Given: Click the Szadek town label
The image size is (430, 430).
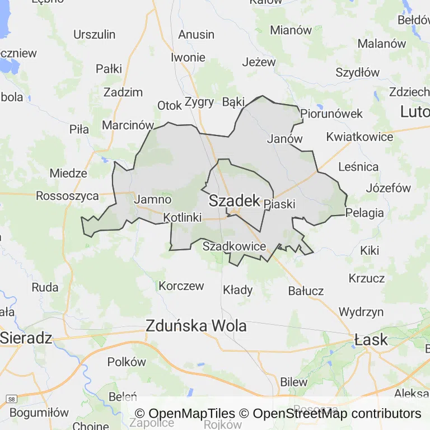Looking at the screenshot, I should point(235,201).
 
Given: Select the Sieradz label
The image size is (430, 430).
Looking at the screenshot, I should point(26,338).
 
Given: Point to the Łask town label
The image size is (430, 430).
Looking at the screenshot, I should point(371,339).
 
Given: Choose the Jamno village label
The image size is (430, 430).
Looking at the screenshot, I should point(148,199).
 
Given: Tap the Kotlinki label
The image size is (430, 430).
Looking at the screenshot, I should point(183,218).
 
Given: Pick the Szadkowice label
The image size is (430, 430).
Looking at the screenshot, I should point(234,246).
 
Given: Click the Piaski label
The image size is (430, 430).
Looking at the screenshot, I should point(279,204).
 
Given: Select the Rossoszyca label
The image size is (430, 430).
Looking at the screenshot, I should point(67,196).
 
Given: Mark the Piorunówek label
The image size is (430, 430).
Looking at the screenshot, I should point(331,114).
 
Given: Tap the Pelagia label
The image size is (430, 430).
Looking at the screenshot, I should point(365,213).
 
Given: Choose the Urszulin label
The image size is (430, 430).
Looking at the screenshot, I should point(95,34).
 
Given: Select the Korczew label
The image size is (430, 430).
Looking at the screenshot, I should point(181,286).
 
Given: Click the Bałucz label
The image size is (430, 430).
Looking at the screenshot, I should point(306,291).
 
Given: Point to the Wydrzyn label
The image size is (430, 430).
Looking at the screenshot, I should point(361,312).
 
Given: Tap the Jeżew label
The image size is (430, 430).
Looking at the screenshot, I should point(259,62).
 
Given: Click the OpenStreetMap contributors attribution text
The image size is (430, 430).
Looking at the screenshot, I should point(336,414).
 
